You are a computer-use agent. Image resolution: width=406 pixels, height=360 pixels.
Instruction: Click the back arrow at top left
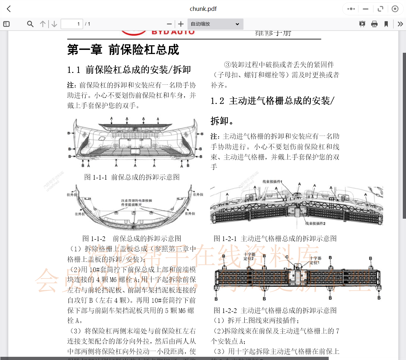9,9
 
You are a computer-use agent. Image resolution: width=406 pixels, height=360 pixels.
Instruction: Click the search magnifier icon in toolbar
30,24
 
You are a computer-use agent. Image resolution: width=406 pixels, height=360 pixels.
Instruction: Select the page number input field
72,24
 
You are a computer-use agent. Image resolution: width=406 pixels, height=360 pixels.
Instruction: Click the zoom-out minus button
169,24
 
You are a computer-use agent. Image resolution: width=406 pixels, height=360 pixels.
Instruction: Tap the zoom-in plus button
181,24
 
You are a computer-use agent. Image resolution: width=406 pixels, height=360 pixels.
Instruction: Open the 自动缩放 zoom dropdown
215,24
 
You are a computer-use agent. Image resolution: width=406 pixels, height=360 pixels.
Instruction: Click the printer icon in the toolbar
374,24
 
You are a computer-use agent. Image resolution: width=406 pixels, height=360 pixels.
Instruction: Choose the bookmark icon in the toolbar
386,24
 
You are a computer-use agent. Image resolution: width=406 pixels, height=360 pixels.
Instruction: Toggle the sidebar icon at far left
6,24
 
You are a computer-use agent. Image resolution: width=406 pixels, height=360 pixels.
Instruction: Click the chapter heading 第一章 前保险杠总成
123,50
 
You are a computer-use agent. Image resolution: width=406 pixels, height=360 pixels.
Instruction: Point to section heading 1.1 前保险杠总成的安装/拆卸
129,70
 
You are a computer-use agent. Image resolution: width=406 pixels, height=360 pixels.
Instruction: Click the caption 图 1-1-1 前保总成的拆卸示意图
132,177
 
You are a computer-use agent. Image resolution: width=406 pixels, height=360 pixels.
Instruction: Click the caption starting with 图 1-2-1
275,239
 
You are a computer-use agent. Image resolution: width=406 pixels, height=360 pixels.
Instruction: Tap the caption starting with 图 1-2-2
275,310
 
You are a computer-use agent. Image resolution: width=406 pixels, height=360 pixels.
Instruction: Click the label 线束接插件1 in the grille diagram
272,182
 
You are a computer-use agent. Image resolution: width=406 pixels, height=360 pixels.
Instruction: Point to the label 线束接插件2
315,223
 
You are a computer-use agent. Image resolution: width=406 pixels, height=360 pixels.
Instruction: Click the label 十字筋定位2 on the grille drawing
249,256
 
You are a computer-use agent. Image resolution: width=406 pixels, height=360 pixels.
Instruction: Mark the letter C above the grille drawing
287,257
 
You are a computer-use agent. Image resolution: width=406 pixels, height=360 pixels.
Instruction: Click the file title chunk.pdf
203,9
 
